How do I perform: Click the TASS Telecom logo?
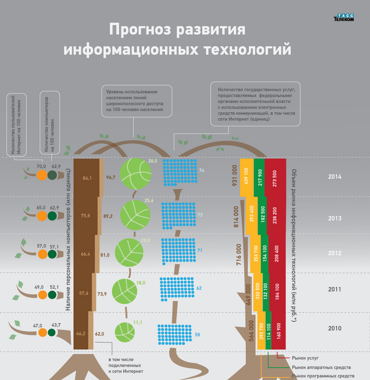tap(344, 17)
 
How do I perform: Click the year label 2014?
tap(334, 177)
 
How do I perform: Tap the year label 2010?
tap(334, 328)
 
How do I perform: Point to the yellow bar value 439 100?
tap(246, 176)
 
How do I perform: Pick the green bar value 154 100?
tap(265, 253)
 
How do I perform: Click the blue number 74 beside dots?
tap(202, 171)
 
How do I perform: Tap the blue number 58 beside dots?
tap(197, 335)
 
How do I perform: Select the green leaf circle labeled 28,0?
tap(135, 174)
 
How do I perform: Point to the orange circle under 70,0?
tap(42, 175)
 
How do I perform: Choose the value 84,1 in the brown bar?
tap(87, 178)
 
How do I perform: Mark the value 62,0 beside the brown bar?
tap(100, 334)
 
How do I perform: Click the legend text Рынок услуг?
tap(305, 358)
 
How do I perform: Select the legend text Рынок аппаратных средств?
tap(321, 367)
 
